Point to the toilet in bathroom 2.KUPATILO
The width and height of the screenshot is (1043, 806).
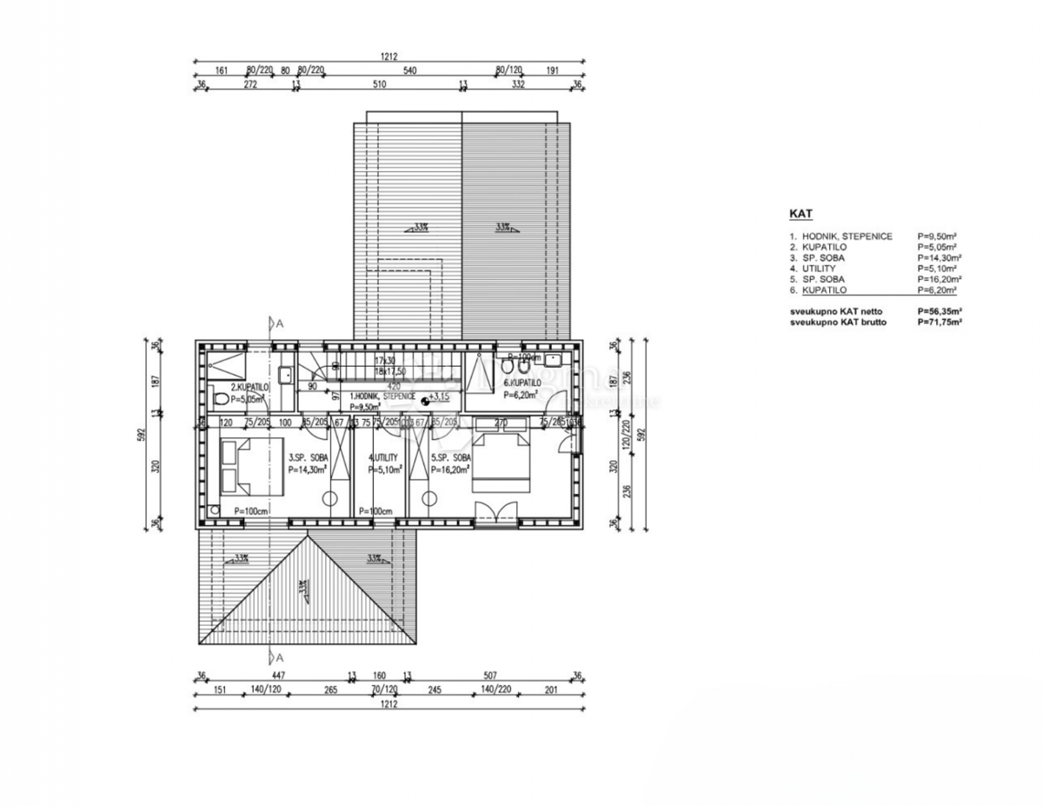coord(221,399)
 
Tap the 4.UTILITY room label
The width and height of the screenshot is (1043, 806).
coord(383,457)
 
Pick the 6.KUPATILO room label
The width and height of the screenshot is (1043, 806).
coord(521,382)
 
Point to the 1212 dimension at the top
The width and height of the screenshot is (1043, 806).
coord(389,57)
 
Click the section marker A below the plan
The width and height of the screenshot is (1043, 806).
coord(280,656)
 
